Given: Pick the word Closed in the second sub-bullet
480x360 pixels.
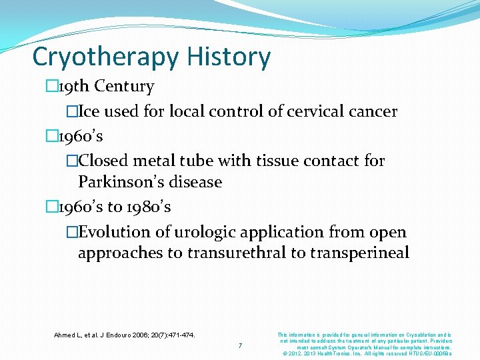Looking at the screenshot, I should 102,161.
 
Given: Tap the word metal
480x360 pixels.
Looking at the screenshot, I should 152,161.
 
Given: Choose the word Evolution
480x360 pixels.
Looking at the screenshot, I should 112,232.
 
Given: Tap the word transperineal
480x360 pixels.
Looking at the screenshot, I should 367,253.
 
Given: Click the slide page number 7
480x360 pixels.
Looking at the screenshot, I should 240,345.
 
